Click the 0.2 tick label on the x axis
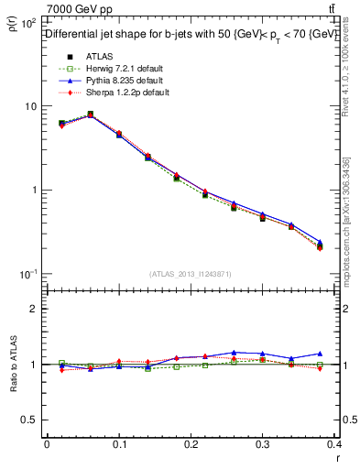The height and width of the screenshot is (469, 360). pos(191,444)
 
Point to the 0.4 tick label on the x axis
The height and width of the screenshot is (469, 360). pos(334,444)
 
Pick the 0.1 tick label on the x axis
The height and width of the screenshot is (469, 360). pos(118,444)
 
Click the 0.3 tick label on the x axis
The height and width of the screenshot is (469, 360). pos(263,444)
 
